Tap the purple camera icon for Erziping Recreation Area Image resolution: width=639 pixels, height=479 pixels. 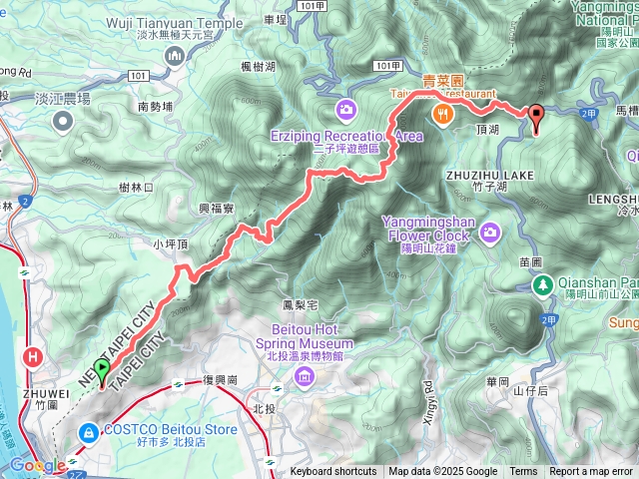[345, 108]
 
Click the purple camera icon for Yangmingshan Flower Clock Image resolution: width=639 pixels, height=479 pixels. [490, 233]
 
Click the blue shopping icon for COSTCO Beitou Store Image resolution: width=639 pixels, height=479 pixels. [89, 431]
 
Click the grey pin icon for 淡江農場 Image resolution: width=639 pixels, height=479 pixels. [64, 121]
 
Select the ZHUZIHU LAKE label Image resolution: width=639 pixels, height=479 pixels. [485, 173]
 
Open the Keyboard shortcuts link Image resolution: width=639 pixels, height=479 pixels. [333, 472]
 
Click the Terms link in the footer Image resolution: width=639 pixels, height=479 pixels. [523, 472]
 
